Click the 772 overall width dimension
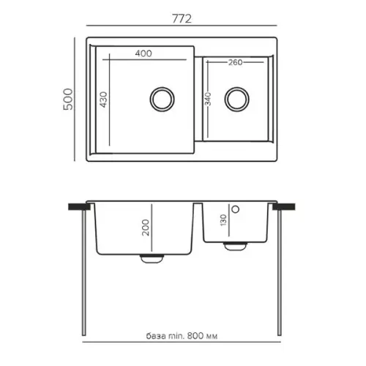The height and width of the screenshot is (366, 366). coord(182,19)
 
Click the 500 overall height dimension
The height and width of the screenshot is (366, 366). coord(68,99)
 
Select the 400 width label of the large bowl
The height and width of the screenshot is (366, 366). coord(143,53)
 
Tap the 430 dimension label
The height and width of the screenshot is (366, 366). coord(103,100)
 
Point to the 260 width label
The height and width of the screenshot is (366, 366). coord(236,62)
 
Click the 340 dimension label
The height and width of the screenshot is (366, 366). coord(208,99)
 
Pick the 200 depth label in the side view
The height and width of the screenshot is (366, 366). coord(146,228)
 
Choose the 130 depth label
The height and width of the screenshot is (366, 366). coord(223,220)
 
